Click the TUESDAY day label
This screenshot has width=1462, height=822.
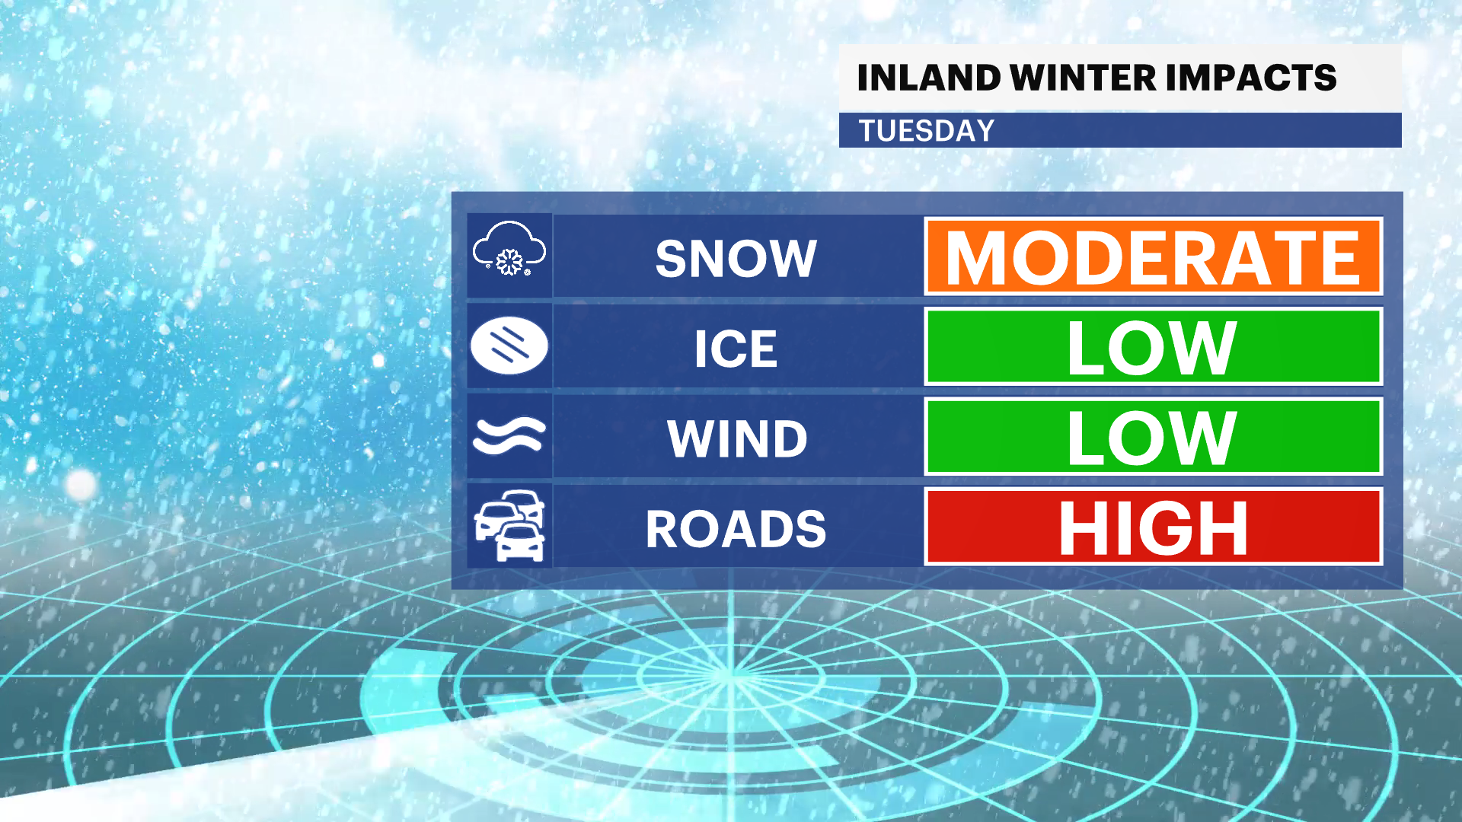tap(927, 131)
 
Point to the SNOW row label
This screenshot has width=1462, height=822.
tap(736, 259)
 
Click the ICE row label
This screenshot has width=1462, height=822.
tap(736, 349)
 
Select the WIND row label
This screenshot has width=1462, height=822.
tap(737, 439)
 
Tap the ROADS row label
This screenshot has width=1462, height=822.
tap(736, 529)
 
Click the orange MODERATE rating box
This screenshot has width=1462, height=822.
tap(1153, 256)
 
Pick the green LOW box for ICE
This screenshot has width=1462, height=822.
tap(1153, 346)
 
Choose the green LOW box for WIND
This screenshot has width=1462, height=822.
tap(1153, 436)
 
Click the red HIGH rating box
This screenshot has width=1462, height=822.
tap(1153, 527)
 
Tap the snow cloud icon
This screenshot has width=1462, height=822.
tap(509, 248)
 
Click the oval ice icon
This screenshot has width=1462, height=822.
tap(509, 346)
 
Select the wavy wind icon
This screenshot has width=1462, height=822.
tap(509, 436)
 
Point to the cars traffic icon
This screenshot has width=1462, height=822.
tap(509, 526)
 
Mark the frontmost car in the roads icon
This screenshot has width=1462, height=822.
tap(520, 542)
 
